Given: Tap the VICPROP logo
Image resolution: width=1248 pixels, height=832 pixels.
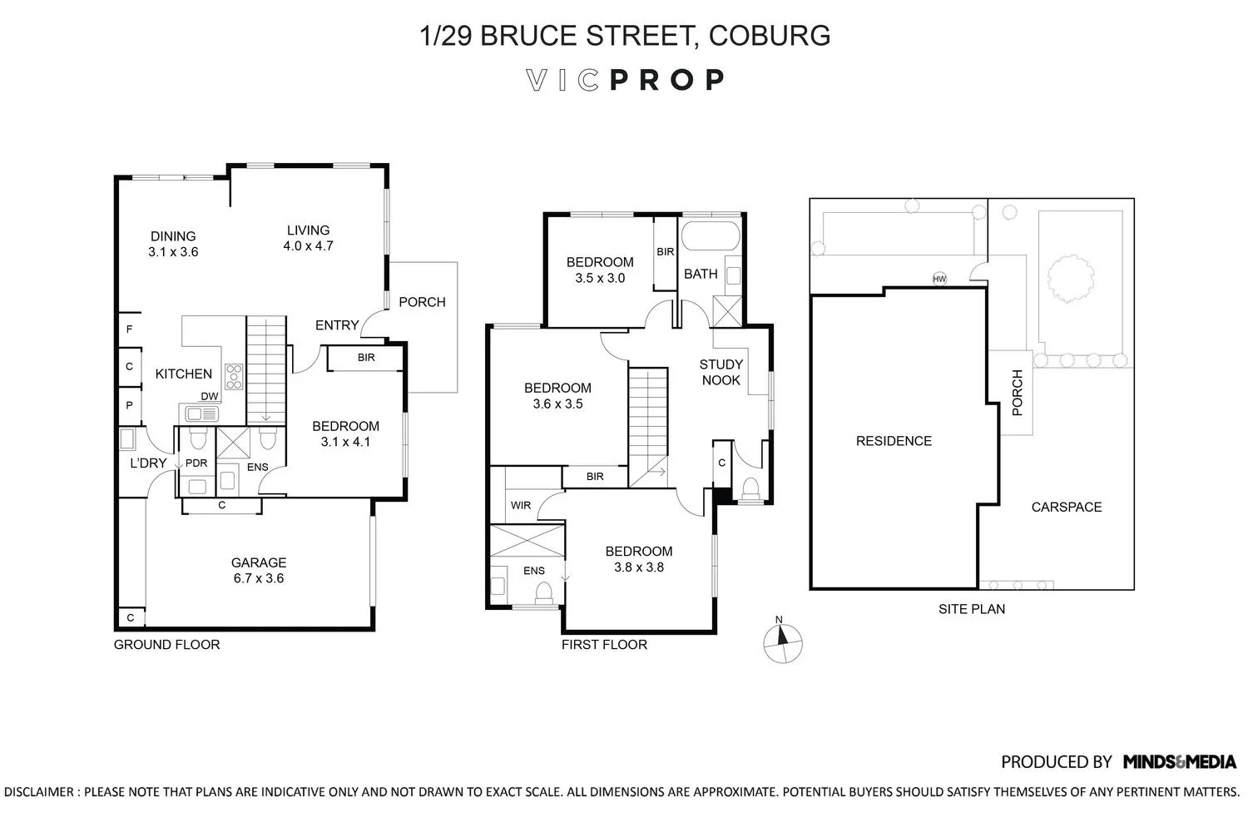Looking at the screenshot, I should [626, 80].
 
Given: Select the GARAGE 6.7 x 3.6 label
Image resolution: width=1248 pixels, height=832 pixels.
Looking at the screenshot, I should [258, 570].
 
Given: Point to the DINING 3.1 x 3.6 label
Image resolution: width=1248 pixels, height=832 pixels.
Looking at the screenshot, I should [173, 244].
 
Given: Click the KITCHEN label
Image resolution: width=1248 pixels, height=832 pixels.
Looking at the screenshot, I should [184, 374].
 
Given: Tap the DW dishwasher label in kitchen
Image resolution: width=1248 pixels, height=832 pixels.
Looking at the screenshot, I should [209, 397].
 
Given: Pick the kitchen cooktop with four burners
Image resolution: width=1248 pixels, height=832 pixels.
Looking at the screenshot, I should [234, 377].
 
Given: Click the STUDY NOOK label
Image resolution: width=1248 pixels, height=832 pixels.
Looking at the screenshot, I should [721, 372].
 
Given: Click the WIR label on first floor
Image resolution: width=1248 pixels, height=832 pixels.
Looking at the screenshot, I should [520, 505].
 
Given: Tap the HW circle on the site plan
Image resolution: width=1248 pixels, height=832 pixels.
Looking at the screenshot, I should [939, 279].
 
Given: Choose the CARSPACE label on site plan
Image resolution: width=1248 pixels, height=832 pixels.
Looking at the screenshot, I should [1066, 507].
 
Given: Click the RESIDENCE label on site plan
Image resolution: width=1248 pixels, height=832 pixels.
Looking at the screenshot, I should [894, 441].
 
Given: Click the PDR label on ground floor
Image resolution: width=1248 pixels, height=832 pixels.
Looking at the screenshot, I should [196, 463].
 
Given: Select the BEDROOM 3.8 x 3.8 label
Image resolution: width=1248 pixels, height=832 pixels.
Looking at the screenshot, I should [639, 559].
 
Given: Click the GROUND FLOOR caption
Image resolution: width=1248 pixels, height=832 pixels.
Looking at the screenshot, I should [166, 644].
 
